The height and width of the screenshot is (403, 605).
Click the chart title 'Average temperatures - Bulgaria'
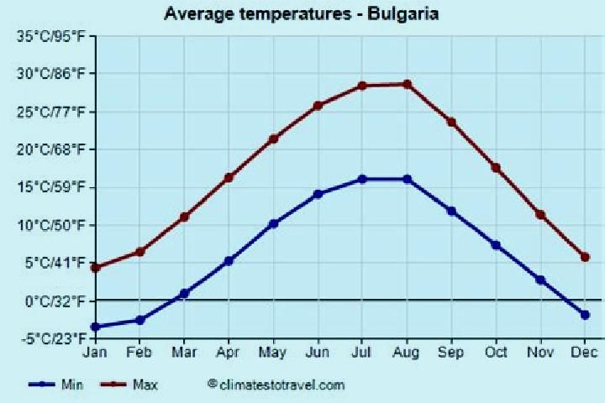tap(302, 14)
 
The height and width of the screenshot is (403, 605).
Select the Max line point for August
tap(407, 84)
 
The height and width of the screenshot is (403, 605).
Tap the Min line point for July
tap(362, 179)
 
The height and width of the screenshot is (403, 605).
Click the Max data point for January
tap(96, 267)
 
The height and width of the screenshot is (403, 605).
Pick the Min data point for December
tap(585, 315)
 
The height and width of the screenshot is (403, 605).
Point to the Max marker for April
tap(229, 177)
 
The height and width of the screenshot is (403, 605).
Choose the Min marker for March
tap(184, 294)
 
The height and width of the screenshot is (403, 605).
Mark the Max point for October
tap(496, 168)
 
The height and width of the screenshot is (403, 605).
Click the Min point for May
tap(274, 223)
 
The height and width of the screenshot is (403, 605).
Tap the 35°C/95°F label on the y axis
tap(50, 36)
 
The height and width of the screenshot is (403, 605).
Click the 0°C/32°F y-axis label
tap(55, 301)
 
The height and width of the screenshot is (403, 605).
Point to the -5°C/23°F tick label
tap(54, 338)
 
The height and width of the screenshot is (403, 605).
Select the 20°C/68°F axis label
tap(50, 149)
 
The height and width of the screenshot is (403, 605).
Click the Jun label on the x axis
tap(318, 353)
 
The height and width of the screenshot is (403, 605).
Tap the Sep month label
tap(451, 353)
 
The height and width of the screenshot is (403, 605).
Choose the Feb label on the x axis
tap(139, 353)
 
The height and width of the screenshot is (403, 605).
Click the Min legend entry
tap(55, 385)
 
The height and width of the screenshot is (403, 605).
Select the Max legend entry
tap(129, 385)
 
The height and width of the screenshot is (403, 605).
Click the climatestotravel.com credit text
tap(276, 385)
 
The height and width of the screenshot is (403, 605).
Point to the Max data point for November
tap(540, 215)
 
